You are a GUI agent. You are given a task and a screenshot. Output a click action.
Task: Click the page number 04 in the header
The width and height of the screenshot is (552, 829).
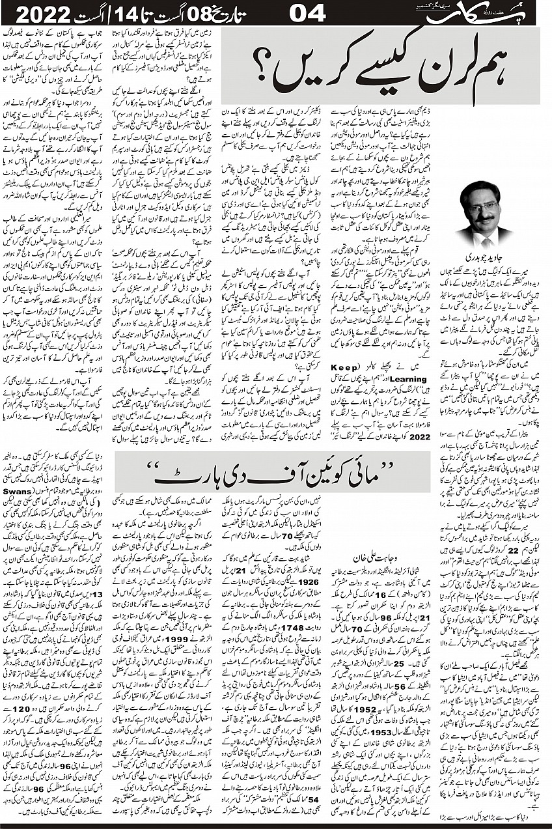pos(307,13)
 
